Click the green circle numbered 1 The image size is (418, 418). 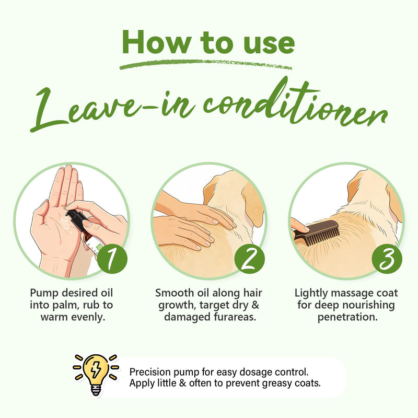click(x=112, y=258)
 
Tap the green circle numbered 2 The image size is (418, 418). click(x=250, y=258)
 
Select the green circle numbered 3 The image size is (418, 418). click(x=387, y=258)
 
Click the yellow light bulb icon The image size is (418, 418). click(x=96, y=375)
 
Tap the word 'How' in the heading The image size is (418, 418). click(x=156, y=43)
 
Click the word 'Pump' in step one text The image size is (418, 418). click(x=44, y=293)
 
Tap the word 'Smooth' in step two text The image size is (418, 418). click(x=175, y=293)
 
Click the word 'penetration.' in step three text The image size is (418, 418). click(x=347, y=317)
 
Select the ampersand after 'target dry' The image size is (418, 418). click(x=255, y=305)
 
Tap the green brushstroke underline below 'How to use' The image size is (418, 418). click(x=206, y=64)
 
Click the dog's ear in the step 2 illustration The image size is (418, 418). click(x=254, y=205)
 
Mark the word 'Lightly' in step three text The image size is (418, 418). click(x=310, y=293)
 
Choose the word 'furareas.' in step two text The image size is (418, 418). click(x=235, y=317)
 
